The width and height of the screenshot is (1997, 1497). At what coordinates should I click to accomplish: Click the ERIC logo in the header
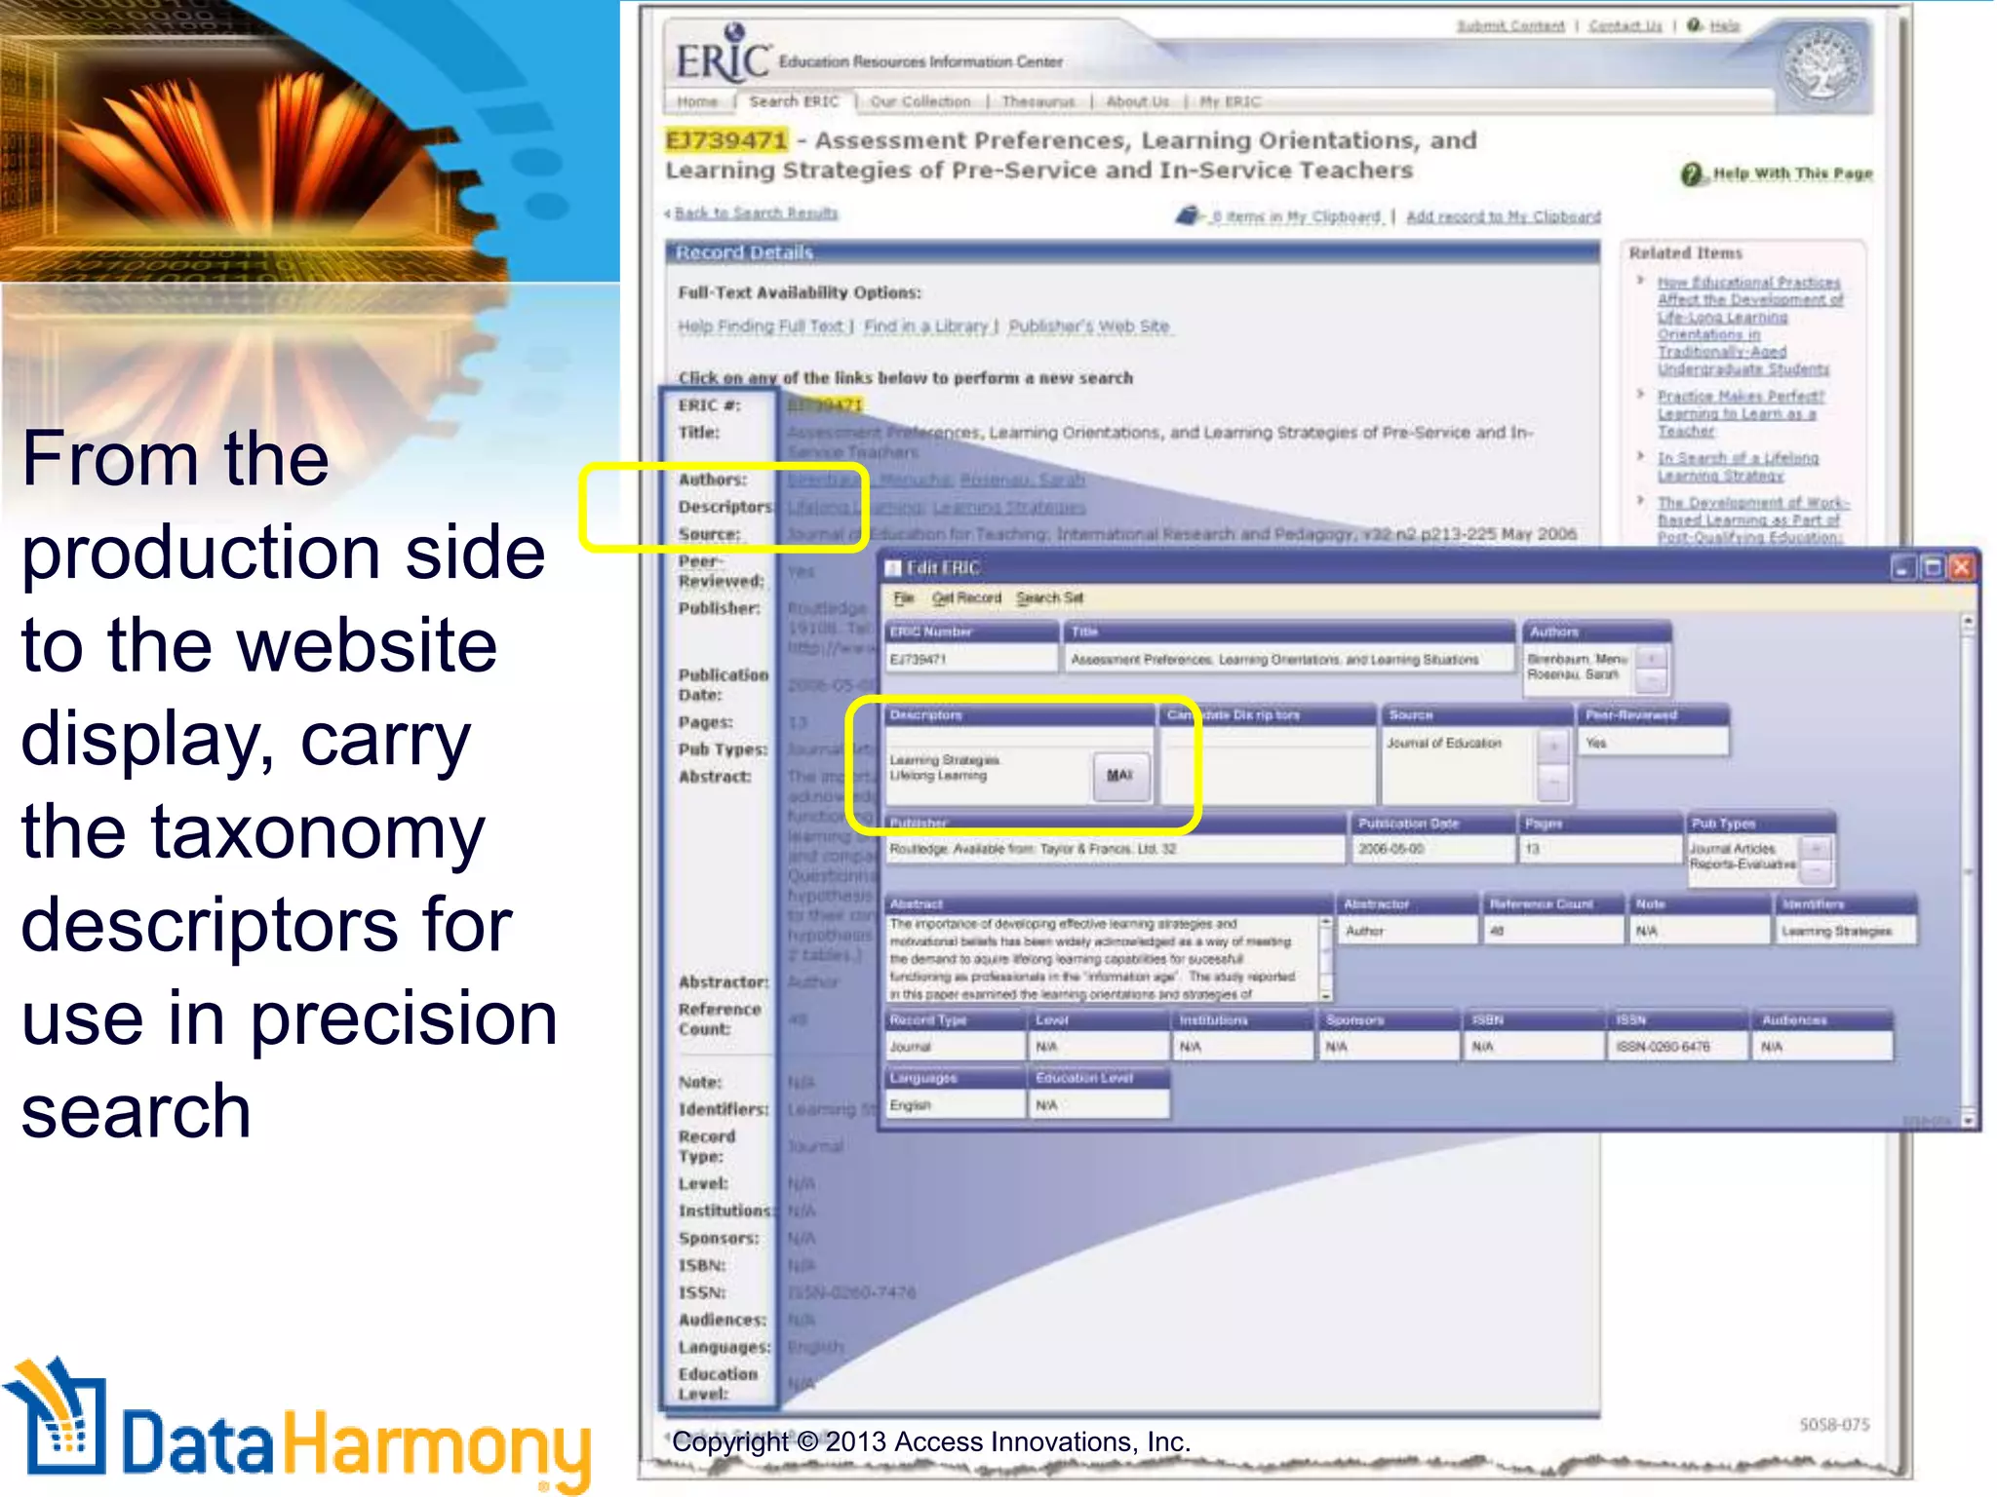pyautogui.click(x=723, y=60)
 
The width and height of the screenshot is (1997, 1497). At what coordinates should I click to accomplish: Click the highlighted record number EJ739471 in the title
pyautogui.click(x=726, y=140)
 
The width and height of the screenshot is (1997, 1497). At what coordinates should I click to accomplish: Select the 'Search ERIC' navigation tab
pyautogui.click(x=794, y=101)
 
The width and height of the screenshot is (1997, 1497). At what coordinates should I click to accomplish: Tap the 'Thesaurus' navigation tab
pyautogui.click(x=1038, y=101)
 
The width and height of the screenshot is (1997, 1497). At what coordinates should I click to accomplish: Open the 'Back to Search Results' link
pyautogui.click(x=756, y=213)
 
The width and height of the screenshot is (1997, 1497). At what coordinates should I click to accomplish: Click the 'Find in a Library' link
pyautogui.click(x=926, y=326)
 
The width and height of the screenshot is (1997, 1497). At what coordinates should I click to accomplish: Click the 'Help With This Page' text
pyautogui.click(x=1792, y=173)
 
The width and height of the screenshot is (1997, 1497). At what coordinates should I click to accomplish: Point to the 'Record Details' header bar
pyautogui.click(x=1131, y=252)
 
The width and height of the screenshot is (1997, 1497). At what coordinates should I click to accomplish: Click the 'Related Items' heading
pyautogui.click(x=1685, y=252)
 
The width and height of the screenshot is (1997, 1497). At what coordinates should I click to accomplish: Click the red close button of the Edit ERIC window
pyautogui.click(x=1962, y=567)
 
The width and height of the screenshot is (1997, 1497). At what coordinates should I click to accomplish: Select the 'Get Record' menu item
pyautogui.click(x=966, y=597)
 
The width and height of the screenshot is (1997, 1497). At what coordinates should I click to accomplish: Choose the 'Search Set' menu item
pyautogui.click(x=1049, y=597)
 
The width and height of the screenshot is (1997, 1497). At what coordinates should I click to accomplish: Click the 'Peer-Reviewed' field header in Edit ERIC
pyautogui.click(x=1631, y=714)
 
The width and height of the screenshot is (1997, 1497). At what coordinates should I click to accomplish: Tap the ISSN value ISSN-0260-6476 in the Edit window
pyautogui.click(x=1663, y=1047)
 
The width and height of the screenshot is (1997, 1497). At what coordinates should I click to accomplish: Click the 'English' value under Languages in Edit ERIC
pyautogui.click(x=911, y=1105)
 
